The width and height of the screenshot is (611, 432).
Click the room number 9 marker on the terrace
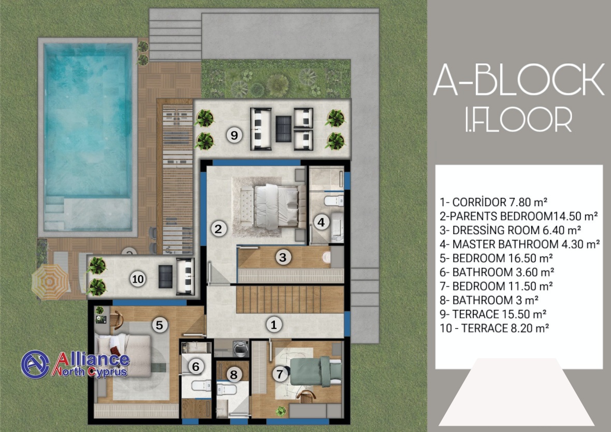click(234, 135)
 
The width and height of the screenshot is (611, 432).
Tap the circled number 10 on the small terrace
click(138, 279)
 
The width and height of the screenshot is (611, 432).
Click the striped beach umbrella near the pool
click(50, 281)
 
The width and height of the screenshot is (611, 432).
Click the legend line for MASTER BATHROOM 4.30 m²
click(519, 244)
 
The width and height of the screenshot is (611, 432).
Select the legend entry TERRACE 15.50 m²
click(493, 314)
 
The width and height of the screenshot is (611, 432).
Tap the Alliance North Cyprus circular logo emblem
click(35, 365)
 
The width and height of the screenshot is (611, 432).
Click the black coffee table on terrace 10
click(166, 276)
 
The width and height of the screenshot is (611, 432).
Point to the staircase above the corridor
click(290, 299)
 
